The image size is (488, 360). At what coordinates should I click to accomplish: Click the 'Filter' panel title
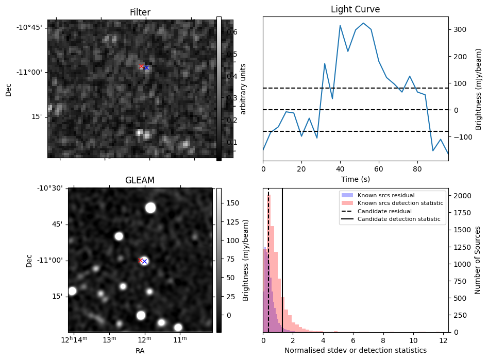click(x=140, y=12)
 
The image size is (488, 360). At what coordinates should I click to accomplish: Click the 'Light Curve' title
click(x=355, y=9)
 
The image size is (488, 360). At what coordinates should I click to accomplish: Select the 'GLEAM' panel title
click(x=140, y=180)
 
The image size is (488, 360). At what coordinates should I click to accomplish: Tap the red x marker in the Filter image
click(x=142, y=66)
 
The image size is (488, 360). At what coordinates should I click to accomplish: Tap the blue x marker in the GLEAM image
click(x=144, y=262)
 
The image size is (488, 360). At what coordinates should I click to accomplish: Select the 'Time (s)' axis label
click(x=355, y=179)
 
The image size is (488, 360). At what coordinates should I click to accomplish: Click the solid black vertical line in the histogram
click(x=282, y=258)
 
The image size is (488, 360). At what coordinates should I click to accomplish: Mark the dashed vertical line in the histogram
click(x=268, y=258)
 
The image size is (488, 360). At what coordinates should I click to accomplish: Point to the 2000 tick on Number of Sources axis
click(x=461, y=196)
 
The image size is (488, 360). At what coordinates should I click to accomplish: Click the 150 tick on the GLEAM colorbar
click(x=230, y=203)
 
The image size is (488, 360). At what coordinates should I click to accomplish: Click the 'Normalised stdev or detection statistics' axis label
click(x=355, y=350)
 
